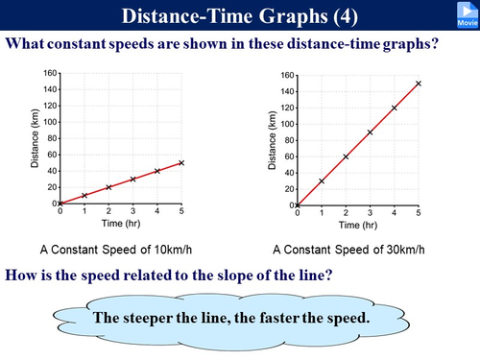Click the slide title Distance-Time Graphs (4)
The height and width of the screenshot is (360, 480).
(239, 15)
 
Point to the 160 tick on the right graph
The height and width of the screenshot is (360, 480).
(285, 74)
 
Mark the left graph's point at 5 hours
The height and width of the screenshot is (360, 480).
(181, 162)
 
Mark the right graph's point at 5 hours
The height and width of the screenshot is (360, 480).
(419, 84)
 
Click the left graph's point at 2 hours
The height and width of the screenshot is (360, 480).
(108, 186)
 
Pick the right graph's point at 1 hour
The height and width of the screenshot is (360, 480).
(322, 180)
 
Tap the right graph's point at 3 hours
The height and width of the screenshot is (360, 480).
(371, 132)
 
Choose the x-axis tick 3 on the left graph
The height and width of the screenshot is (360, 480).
(132, 210)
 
